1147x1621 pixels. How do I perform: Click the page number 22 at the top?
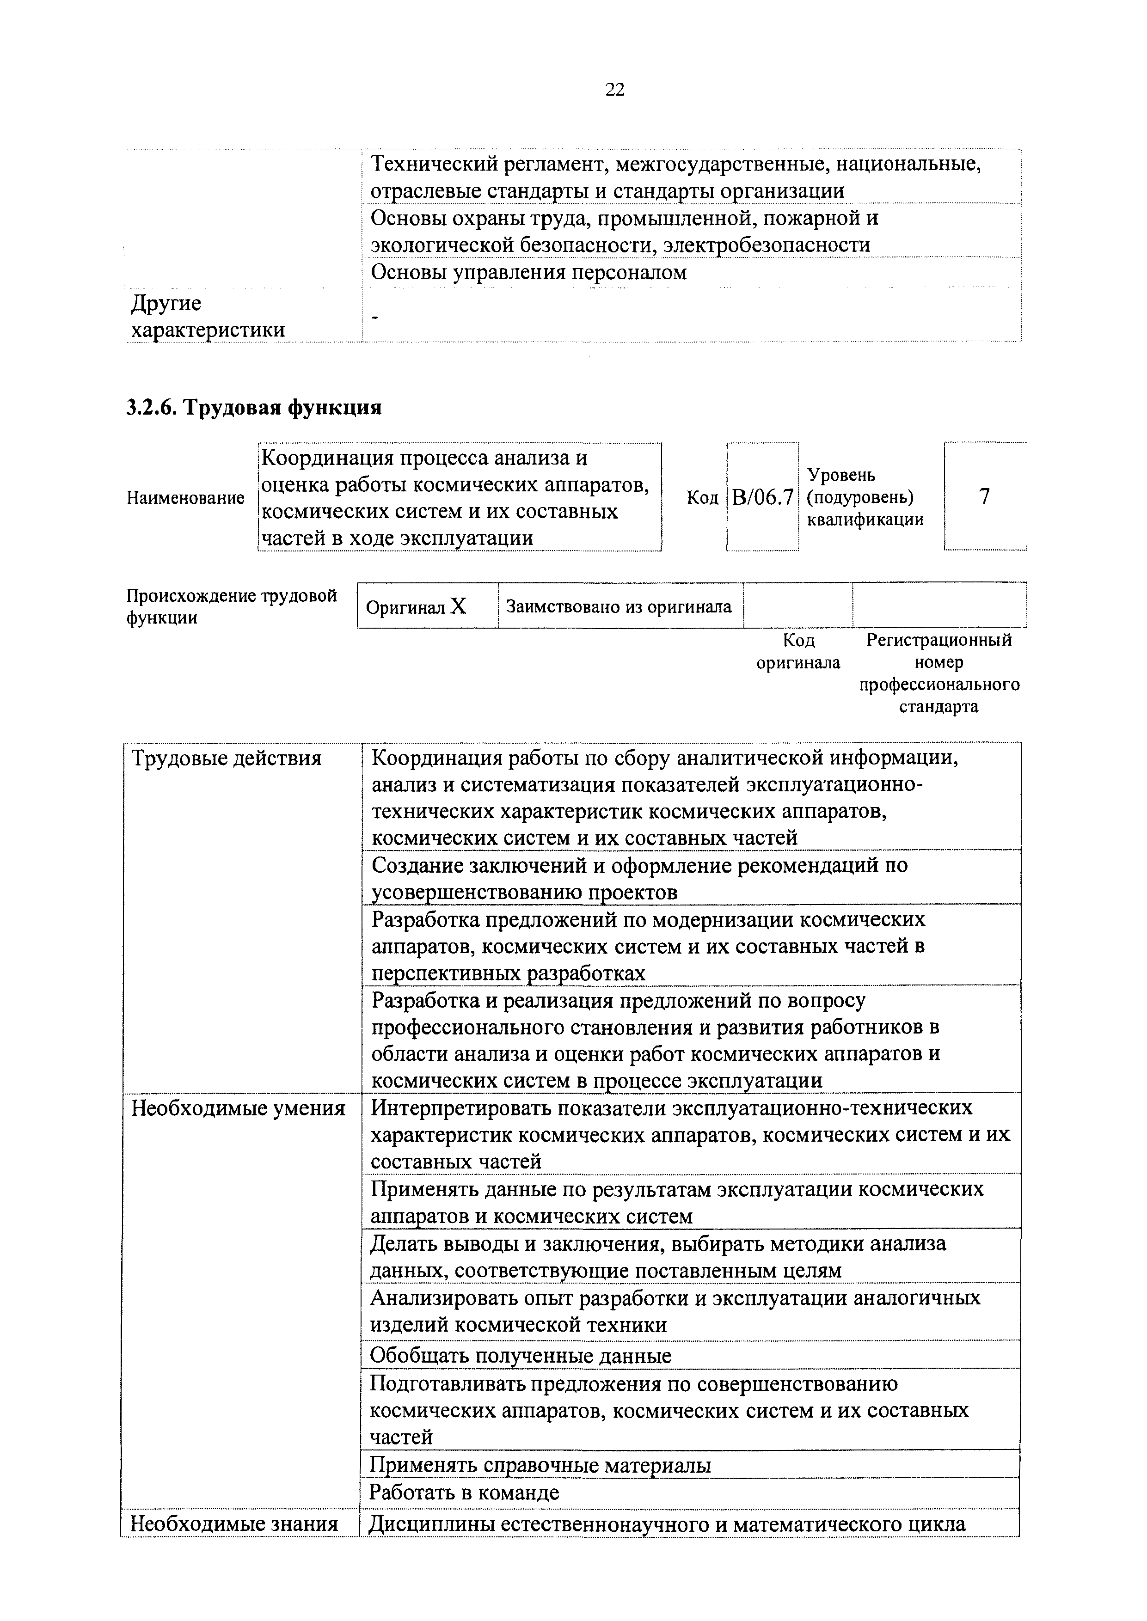(x=614, y=90)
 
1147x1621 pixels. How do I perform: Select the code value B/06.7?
(x=762, y=497)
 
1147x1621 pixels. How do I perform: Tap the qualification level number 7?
(x=985, y=496)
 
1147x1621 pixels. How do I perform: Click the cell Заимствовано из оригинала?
(x=620, y=606)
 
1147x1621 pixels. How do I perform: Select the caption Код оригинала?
(x=798, y=651)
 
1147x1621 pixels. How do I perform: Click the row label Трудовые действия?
(x=227, y=758)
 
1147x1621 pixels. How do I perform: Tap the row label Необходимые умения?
(x=239, y=1108)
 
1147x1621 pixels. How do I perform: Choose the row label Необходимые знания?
(x=234, y=1523)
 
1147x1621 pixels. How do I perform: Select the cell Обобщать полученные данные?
(x=521, y=1356)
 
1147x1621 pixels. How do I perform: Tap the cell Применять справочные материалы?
(x=540, y=1466)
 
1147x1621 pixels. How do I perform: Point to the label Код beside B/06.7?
(x=702, y=498)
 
